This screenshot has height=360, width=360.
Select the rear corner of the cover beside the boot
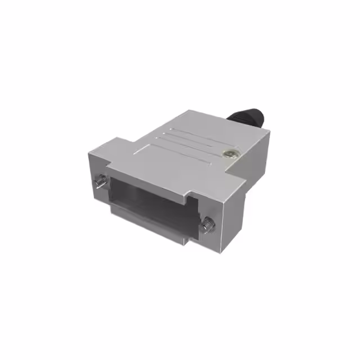(x=269, y=132)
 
